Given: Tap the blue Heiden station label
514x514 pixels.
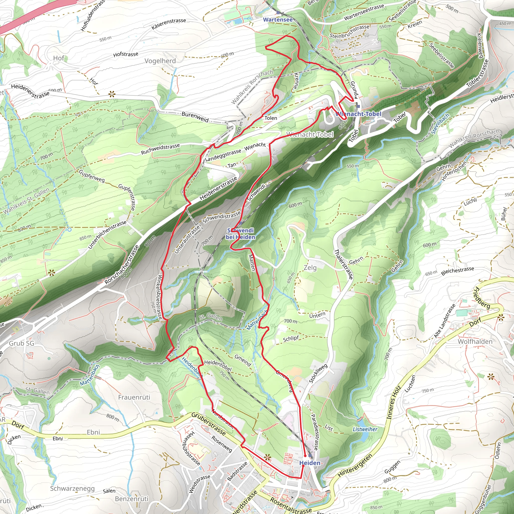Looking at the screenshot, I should [310, 463].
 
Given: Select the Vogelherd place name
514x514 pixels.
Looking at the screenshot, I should [160, 61].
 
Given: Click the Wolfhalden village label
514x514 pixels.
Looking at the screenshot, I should [475, 341].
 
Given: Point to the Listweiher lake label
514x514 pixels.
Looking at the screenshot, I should [365, 429].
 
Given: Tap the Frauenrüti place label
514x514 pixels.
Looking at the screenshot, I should [134, 397].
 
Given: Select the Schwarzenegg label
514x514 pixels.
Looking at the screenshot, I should [72, 488].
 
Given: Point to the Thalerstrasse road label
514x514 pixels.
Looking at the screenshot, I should [343, 264].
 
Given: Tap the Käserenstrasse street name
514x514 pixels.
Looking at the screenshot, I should [169, 24].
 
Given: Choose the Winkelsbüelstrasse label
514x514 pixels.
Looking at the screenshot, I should [160, 297].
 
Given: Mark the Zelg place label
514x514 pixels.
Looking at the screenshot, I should [310, 267].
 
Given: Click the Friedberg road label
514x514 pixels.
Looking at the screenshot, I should [482, 298].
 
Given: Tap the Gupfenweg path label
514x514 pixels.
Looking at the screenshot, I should [92, 176].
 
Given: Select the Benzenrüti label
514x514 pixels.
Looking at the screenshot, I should [132, 499].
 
